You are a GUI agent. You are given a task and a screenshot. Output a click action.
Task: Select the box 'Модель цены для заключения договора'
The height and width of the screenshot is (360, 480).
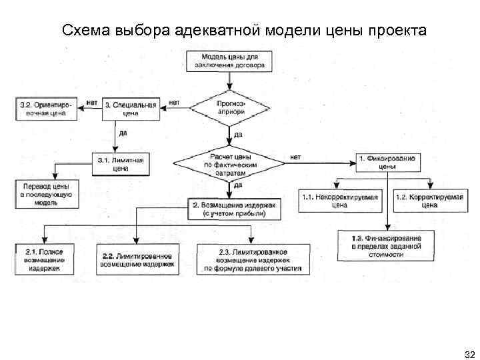pyautogui.click(x=230, y=61)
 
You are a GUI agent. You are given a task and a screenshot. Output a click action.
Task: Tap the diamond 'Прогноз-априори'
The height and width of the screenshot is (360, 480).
pyautogui.click(x=230, y=108)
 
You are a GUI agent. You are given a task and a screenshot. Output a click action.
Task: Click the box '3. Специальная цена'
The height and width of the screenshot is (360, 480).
pyautogui.click(x=131, y=109)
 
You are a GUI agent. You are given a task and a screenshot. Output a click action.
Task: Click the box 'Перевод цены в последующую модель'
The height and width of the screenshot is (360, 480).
pyautogui.click(x=45, y=193)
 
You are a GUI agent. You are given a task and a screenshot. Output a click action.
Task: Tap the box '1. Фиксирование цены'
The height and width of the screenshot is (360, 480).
pyautogui.click(x=387, y=163)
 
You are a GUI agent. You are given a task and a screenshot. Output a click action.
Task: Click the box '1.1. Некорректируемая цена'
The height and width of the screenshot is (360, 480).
pyautogui.click(x=340, y=201)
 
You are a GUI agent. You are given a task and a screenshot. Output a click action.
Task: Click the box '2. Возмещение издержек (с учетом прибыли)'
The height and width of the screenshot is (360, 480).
pyautogui.click(x=230, y=209)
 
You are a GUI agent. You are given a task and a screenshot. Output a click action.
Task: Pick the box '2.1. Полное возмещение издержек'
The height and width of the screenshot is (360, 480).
pyautogui.click(x=45, y=259)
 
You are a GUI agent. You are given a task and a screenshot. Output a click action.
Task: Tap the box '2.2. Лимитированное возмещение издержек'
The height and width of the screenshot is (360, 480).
pyautogui.click(x=137, y=259)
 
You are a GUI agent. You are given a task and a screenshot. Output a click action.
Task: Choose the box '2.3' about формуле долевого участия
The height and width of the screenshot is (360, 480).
pyautogui.click(x=253, y=260)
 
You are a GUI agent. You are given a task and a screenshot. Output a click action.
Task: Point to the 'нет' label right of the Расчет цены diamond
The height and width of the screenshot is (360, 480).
pyautogui.click(x=295, y=157)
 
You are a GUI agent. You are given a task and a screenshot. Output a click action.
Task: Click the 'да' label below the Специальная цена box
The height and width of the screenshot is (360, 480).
pyautogui.click(x=123, y=132)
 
